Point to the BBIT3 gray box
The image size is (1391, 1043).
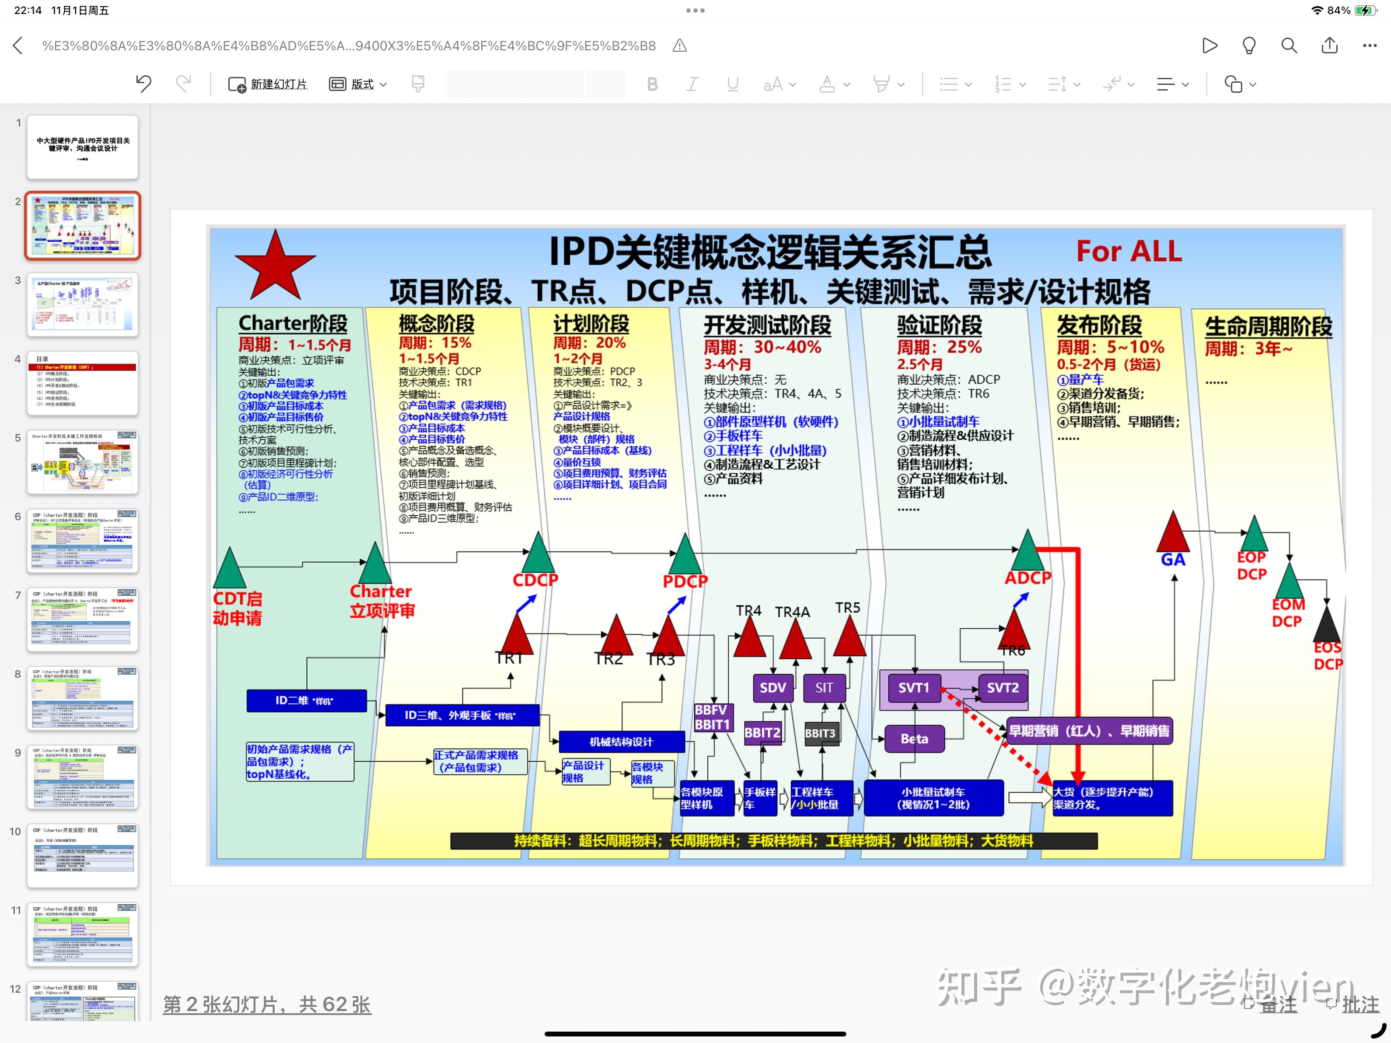(820, 733)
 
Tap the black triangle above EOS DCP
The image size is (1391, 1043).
(1327, 625)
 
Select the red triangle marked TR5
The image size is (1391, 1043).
(849, 638)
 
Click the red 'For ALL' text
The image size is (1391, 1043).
(1129, 251)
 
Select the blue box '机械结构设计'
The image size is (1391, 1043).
(621, 742)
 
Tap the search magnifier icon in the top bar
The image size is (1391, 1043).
(1289, 46)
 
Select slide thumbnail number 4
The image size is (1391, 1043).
(82, 383)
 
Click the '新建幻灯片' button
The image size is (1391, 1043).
(268, 84)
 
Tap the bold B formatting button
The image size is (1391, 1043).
(652, 84)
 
